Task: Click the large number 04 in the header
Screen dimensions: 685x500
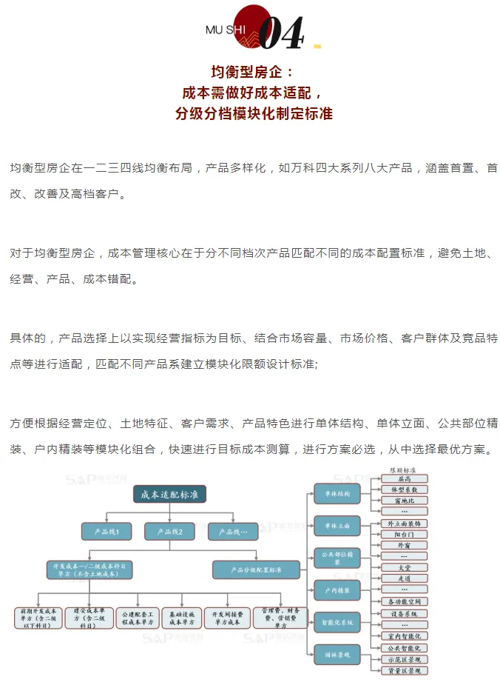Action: pyautogui.click(x=281, y=32)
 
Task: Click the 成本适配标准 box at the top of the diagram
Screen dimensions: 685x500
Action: pyautogui.click(x=169, y=493)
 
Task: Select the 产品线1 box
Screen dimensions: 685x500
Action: pyautogui.click(x=106, y=531)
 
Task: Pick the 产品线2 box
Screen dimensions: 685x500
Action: pyautogui.click(x=169, y=531)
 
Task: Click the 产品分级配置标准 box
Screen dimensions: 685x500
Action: pyautogui.click(x=246, y=569)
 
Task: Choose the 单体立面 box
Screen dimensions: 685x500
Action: pyautogui.click(x=337, y=526)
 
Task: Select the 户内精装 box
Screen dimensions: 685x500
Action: pyautogui.click(x=337, y=590)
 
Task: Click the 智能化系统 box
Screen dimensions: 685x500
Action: pyautogui.click(x=337, y=622)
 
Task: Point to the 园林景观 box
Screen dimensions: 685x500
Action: pyautogui.click(x=337, y=654)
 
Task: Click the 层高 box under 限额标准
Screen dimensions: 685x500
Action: pyautogui.click(x=403, y=479)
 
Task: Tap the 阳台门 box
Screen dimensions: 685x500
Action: pyautogui.click(x=403, y=534)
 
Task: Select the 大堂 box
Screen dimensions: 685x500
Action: pyautogui.click(x=403, y=567)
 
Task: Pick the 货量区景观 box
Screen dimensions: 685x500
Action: pyautogui.click(x=403, y=670)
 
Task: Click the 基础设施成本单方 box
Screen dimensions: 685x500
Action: pyautogui.click(x=181, y=618)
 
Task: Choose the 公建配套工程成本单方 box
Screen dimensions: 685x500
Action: pyautogui.click(x=137, y=618)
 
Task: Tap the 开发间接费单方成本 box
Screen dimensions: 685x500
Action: pyautogui.click(x=227, y=618)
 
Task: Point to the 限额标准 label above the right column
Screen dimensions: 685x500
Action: pyautogui.click(x=403, y=470)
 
